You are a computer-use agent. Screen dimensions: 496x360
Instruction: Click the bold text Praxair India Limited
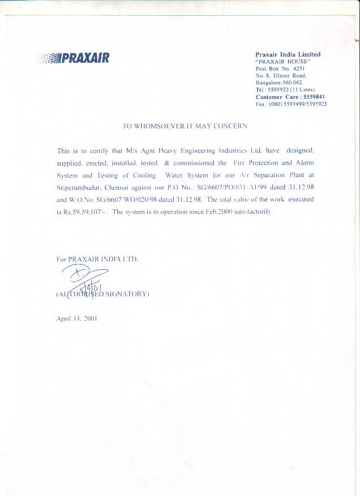(x=288, y=54)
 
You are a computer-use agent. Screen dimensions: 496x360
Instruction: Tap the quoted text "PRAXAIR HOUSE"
(x=283, y=61)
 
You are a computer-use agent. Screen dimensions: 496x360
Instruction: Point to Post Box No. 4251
(x=281, y=68)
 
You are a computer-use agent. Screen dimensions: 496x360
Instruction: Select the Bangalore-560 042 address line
(x=280, y=83)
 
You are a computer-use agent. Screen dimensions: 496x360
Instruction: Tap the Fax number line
(x=291, y=104)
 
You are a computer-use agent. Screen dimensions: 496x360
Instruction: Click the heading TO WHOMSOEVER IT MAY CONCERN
(x=185, y=126)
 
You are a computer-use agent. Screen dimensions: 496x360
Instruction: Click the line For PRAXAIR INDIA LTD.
(x=97, y=259)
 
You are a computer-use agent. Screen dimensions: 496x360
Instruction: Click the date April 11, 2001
(x=77, y=319)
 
